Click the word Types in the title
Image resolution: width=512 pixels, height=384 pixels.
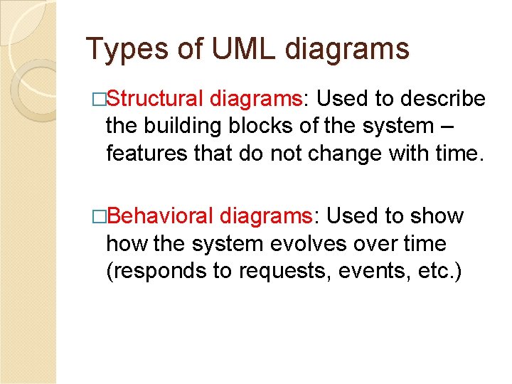[124, 50]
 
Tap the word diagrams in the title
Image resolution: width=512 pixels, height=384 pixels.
[347, 50]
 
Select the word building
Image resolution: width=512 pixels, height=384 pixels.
[186, 126]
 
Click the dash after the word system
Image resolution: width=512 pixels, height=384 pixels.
[445, 127]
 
